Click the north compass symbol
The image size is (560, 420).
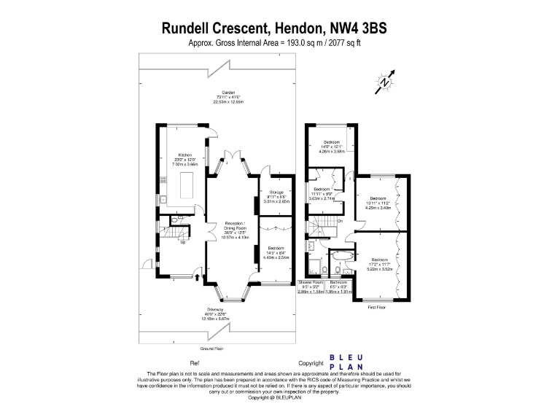point(385,83)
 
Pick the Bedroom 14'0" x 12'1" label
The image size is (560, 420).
point(332,147)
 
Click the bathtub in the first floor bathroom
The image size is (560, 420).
point(341,257)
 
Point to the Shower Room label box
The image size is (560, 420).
point(311,287)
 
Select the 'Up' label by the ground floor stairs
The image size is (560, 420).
point(182,243)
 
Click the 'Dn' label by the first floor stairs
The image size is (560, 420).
point(340,220)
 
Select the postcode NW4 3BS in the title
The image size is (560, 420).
point(358,30)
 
